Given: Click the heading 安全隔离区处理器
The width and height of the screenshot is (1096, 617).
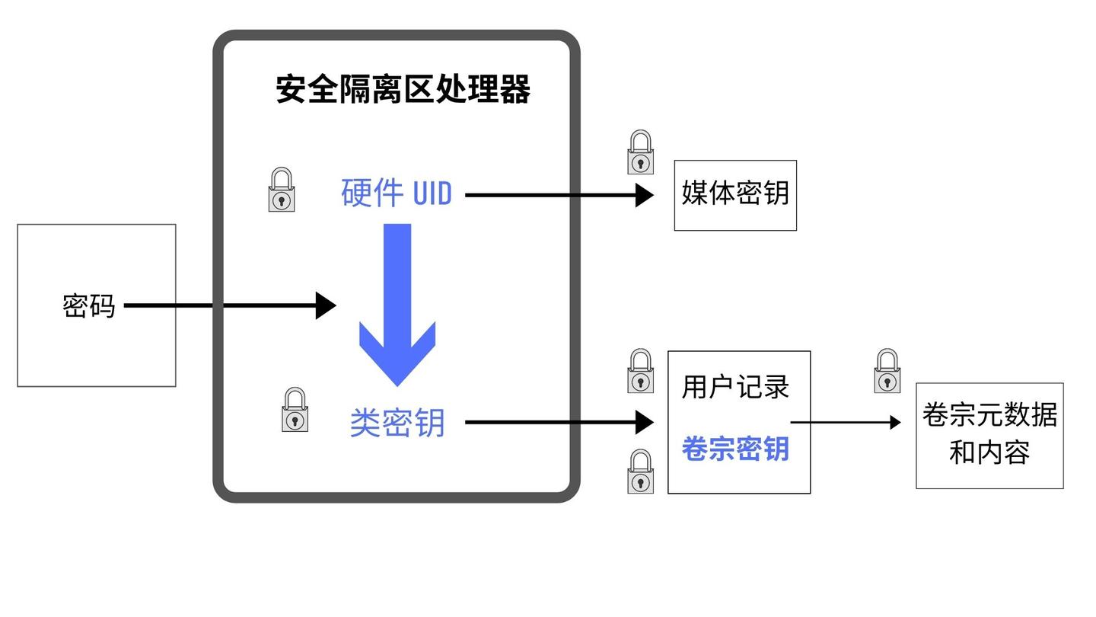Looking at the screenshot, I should click(x=403, y=89).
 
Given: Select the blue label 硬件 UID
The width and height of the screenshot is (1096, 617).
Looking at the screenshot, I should click(x=396, y=193).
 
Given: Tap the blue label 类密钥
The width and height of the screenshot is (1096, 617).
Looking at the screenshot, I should click(x=397, y=423).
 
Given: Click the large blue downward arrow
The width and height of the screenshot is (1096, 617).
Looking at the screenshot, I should click(x=397, y=305).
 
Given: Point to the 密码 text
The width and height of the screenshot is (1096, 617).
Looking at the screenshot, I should click(x=88, y=306).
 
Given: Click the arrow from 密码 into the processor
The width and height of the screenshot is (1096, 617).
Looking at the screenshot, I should click(x=228, y=306).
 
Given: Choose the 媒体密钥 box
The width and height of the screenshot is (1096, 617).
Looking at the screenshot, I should click(x=735, y=195).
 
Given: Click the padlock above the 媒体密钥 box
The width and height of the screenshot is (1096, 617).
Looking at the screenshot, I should click(x=641, y=152).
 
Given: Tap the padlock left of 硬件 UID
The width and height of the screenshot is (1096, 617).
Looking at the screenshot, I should click(x=282, y=190).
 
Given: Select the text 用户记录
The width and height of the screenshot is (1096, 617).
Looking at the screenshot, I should click(x=735, y=387).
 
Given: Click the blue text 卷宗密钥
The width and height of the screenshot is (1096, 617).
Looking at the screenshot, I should click(x=735, y=449).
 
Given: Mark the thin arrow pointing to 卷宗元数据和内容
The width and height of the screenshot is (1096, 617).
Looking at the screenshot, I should click(x=845, y=422).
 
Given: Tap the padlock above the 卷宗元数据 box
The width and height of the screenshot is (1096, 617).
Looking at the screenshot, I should click(x=887, y=371).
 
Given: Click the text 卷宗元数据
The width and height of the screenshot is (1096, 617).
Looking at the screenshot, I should click(x=989, y=415).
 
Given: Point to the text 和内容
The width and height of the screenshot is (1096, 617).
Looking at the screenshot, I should click(x=989, y=452).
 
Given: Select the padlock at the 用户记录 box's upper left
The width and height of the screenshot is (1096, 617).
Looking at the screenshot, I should click(x=641, y=371).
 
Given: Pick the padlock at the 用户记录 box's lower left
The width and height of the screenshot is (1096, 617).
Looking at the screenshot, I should click(x=641, y=472).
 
